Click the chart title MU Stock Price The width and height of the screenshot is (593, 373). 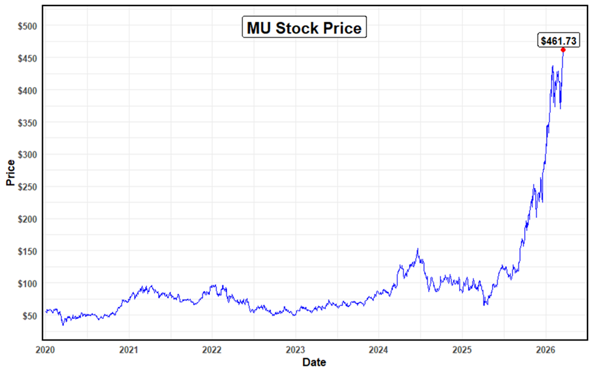point(304,28)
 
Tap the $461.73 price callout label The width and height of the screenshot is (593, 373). point(559,41)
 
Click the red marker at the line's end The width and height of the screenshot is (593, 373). point(563,50)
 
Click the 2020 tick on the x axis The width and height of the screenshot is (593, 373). point(46,350)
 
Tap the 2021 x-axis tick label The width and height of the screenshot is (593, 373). point(129,350)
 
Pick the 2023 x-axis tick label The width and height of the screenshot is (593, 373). point(295,350)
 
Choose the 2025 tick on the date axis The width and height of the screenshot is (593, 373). point(462,350)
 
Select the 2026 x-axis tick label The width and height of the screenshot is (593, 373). point(544,350)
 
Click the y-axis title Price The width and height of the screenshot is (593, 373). point(10,172)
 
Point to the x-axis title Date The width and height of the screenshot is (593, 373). point(314,363)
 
